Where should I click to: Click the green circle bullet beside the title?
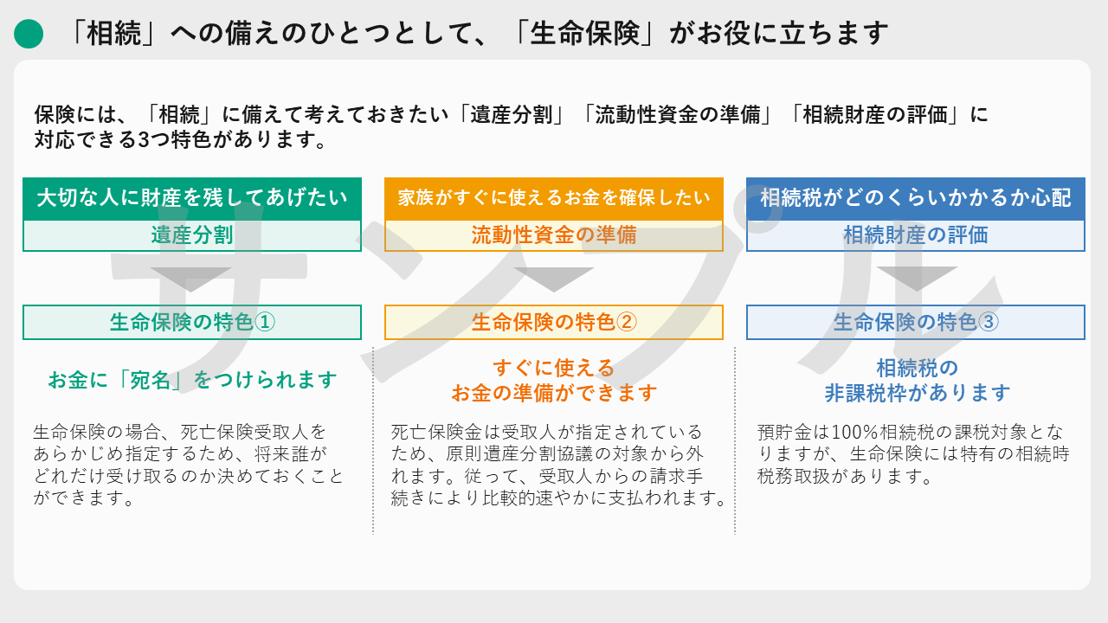click(29, 34)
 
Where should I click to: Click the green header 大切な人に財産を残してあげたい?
click(192, 199)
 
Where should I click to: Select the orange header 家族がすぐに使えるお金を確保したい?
click(553, 199)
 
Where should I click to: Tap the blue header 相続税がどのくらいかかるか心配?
click(916, 199)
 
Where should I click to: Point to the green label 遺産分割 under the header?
click(192, 235)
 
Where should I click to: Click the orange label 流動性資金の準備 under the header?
click(553, 235)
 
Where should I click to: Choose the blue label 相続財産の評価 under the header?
click(916, 235)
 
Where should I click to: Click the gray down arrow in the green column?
click(191, 279)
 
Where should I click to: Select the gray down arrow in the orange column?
click(553, 279)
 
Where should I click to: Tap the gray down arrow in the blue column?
click(917, 279)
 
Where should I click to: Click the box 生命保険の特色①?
click(192, 323)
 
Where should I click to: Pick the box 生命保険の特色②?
click(553, 323)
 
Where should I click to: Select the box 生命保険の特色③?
click(916, 323)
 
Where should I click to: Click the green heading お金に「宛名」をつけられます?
click(192, 380)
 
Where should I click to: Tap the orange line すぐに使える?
click(553, 368)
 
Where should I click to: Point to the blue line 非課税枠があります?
click(917, 393)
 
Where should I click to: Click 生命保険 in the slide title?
click(584, 34)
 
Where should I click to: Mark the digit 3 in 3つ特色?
click(144, 140)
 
